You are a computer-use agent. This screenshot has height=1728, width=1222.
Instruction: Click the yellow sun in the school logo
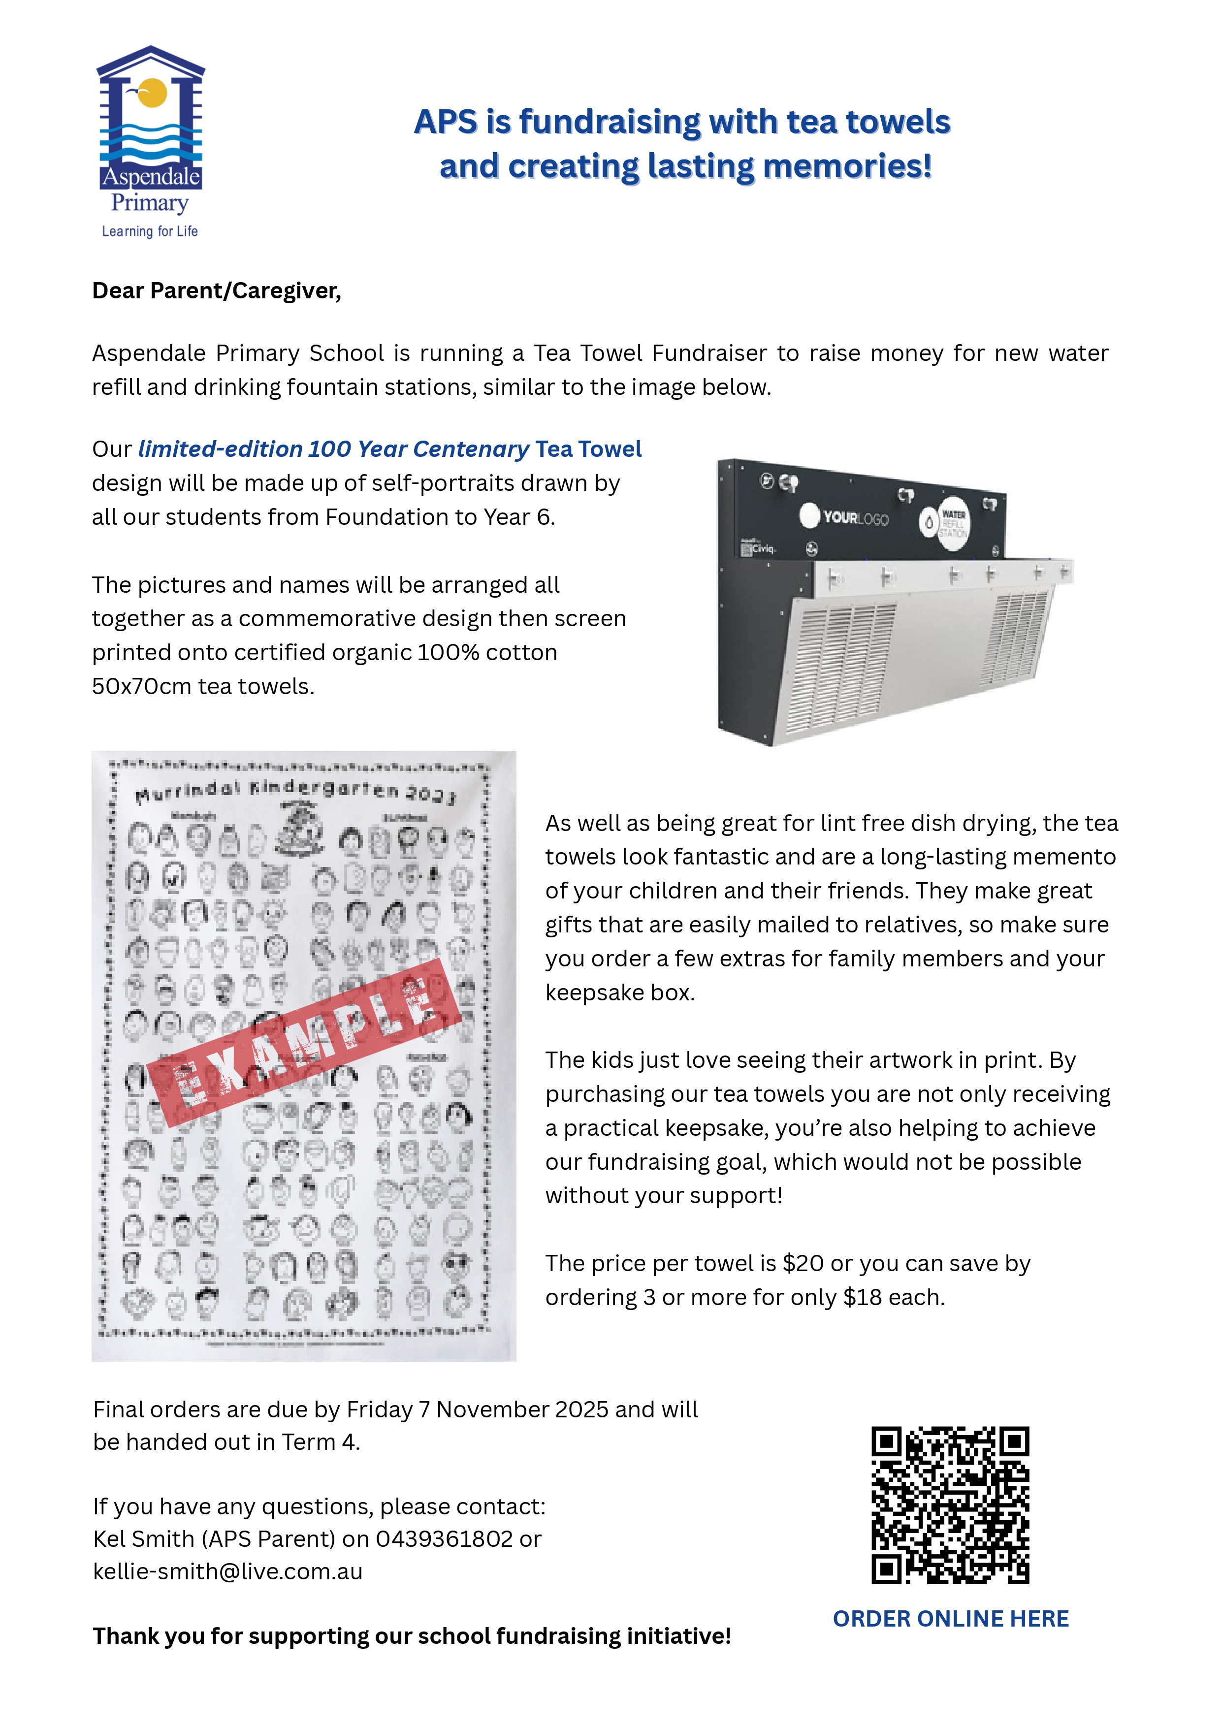pyautogui.click(x=154, y=92)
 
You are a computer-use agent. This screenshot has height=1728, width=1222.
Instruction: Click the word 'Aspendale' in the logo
pyautogui.click(x=151, y=178)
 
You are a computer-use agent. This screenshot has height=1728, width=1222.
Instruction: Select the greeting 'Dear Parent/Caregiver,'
pyautogui.click(x=217, y=290)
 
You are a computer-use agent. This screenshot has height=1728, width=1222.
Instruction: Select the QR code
pyautogui.click(x=950, y=1504)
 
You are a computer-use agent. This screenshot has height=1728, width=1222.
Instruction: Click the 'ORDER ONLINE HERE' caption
pyautogui.click(x=950, y=1619)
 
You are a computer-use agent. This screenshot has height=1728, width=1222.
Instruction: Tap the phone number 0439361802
pyautogui.click(x=444, y=1539)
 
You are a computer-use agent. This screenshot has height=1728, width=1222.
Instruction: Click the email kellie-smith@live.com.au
pyautogui.click(x=228, y=1571)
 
